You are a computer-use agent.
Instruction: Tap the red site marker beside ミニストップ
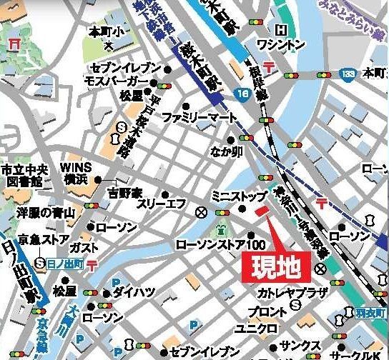(x=261, y=211)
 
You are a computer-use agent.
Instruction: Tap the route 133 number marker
(x=348, y=73)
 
